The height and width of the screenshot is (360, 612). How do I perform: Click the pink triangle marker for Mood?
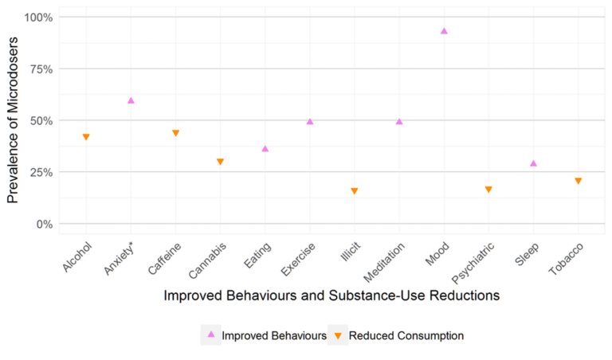pyautogui.click(x=444, y=31)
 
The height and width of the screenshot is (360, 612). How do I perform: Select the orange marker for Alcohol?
pyautogui.click(x=86, y=137)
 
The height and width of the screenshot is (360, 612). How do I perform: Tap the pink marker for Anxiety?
pyautogui.click(x=131, y=100)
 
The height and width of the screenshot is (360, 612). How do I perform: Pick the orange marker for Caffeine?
pyautogui.click(x=175, y=133)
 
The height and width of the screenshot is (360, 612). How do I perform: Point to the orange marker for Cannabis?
pyautogui.click(x=220, y=162)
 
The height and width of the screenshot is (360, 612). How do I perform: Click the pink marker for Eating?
pyautogui.click(x=265, y=149)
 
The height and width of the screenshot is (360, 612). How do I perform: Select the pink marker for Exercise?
pyautogui.click(x=310, y=122)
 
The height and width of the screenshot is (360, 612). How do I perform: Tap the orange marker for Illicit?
pyautogui.click(x=355, y=191)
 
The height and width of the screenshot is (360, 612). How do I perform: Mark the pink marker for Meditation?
pyautogui.click(x=399, y=122)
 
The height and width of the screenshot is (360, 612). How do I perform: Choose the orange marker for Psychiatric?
pyautogui.click(x=488, y=190)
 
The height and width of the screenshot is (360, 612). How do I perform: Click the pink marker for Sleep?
pyautogui.click(x=533, y=163)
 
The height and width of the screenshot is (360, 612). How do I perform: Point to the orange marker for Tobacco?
pyautogui.click(x=578, y=181)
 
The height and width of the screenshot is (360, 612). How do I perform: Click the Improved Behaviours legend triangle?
pyautogui.click(x=211, y=335)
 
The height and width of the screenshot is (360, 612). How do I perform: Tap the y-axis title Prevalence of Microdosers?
pyautogui.click(x=13, y=119)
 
